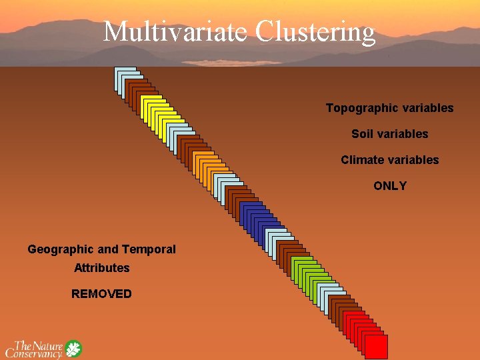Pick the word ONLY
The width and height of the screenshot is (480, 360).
click(390, 186)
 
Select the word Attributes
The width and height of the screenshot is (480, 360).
click(102, 268)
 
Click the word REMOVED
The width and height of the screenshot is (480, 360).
click(102, 294)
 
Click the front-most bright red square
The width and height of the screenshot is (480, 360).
click(376, 347)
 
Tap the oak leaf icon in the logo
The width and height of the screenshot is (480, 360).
click(73, 349)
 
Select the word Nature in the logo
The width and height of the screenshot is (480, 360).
click(48, 345)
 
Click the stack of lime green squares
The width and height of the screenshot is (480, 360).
click(308, 270)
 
